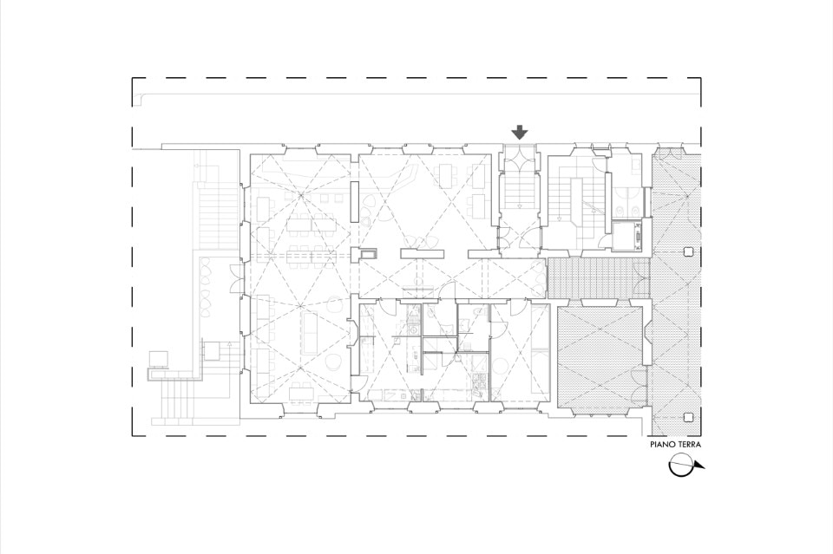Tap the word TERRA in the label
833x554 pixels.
click(x=688, y=445)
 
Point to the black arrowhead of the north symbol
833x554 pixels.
click(x=699, y=467)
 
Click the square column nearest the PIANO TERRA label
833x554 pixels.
click(x=689, y=417)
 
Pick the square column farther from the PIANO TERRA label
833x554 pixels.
click(x=689, y=251)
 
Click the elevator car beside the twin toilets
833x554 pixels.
click(x=626, y=236)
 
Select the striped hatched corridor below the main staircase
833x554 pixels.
click(x=599, y=278)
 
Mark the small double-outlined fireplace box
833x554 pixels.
click(x=369, y=254)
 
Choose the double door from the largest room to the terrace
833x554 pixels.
click(x=234, y=277)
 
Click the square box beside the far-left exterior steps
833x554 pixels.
click(x=158, y=359)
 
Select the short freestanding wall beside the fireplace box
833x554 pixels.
click(x=422, y=254)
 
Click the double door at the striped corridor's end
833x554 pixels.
click(x=644, y=278)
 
